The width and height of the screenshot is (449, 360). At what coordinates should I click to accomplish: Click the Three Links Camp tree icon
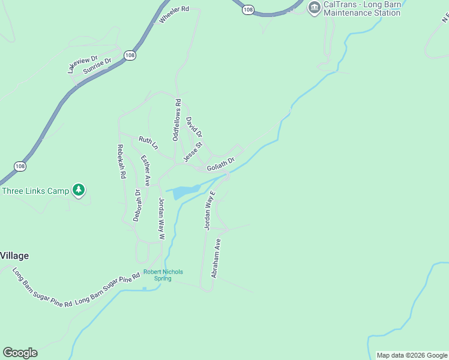tap(78, 191)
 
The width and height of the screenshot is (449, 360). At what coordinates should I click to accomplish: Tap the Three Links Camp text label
tap(35, 191)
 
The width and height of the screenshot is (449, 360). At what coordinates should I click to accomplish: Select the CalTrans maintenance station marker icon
tap(314, 8)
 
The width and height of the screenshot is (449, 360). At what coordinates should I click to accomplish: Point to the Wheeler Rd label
tap(174, 15)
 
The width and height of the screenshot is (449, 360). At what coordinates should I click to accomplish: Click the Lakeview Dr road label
tap(82, 64)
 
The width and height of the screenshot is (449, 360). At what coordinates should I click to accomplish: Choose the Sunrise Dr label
tap(98, 65)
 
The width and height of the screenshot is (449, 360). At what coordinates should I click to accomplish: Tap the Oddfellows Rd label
tap(176, 120)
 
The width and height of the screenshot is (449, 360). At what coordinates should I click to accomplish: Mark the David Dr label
tap(194, 127)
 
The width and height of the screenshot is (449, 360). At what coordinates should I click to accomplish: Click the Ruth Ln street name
tap(148, 143)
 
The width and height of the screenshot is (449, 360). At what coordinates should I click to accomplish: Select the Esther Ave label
tap(145, 170)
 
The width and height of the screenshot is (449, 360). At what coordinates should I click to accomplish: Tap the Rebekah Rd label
tap(122, 161)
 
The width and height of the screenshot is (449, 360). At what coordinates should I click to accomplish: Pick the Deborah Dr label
tap(137, 205)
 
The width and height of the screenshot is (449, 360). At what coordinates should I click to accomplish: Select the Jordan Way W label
tap(161, 219)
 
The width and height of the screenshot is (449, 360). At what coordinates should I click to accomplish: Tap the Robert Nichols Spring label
tap(163, 275)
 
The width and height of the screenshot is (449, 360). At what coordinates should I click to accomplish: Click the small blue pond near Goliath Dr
tap(183, 191)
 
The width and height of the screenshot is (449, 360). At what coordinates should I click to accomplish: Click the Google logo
tap(20, 353)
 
